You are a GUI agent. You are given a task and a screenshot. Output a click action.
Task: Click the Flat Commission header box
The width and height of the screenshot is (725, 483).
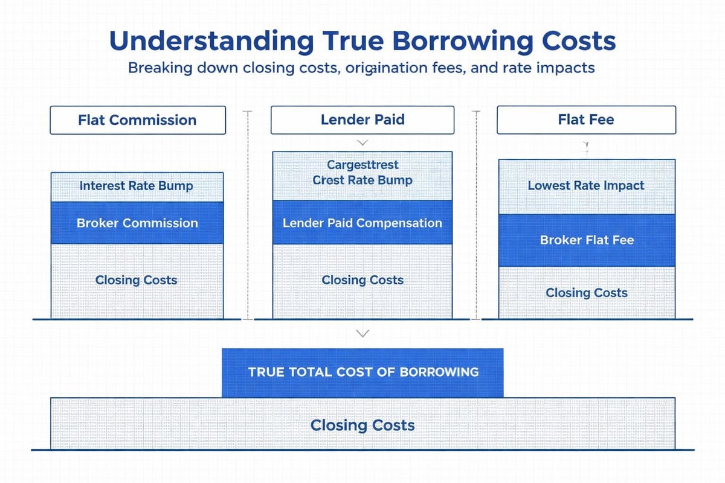point(137,120)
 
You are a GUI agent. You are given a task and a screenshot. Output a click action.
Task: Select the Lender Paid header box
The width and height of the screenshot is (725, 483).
point(362,120)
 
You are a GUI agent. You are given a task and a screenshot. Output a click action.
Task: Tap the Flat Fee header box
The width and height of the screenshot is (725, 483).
point(586,120)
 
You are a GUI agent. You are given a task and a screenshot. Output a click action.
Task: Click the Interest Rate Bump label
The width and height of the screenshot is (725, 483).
point(137,186)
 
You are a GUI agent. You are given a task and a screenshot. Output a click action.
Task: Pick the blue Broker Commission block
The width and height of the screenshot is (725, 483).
point(137,223)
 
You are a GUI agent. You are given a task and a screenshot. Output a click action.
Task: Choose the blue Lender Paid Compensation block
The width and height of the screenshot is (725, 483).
point(362,223)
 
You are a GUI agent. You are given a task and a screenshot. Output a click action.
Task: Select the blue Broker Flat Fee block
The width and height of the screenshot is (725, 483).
point(586,240)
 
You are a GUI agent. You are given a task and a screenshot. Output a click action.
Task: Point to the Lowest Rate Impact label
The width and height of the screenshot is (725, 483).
point(586,186)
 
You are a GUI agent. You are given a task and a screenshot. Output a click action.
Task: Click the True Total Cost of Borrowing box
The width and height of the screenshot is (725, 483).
point(362,372)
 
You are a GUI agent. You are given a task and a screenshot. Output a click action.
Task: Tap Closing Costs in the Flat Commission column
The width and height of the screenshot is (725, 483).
point(137,280)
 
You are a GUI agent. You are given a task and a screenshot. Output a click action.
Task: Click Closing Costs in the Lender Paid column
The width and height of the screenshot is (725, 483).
point(362,280)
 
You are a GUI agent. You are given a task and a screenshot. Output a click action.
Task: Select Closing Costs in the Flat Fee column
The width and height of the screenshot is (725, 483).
point(586,293)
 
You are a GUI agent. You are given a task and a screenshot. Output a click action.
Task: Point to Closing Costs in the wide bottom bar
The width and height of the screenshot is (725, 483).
point(362,425)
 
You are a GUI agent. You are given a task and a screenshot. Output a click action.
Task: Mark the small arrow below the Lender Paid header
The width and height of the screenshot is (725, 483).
point(362,143)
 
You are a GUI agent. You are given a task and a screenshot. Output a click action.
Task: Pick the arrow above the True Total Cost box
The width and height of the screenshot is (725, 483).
point(362,333)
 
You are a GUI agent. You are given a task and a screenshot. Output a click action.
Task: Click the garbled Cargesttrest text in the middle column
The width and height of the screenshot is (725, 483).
point(362,165)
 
